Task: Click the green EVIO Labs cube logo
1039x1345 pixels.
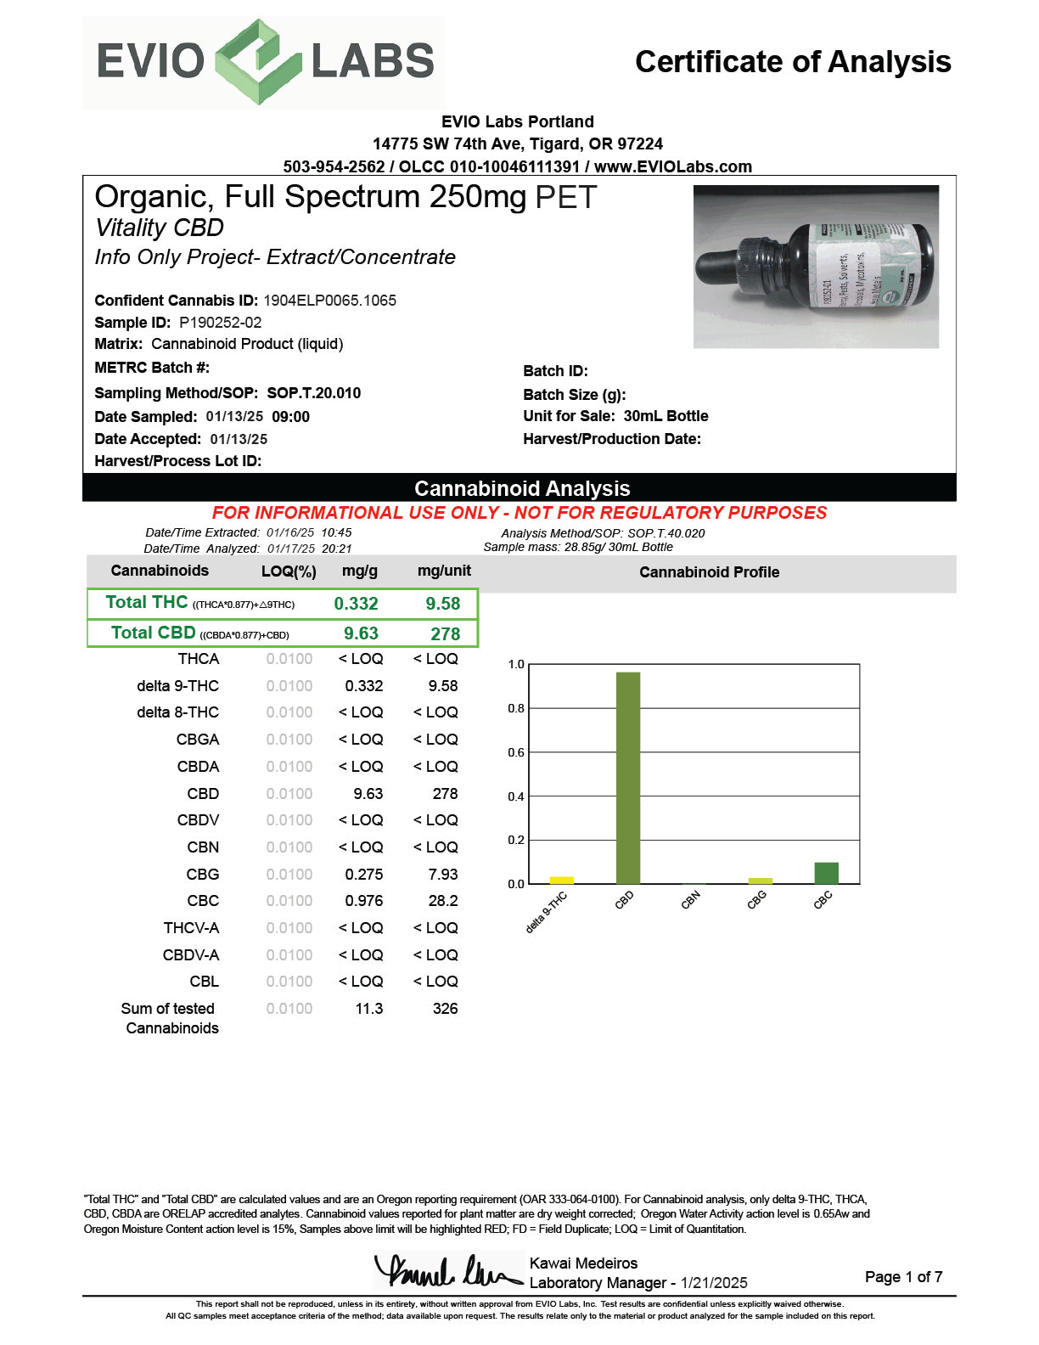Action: point(258,63)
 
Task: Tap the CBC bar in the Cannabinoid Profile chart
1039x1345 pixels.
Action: point(826,873)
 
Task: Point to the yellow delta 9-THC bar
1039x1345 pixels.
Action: point(561,880)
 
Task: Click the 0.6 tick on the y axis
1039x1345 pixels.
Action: point(516,752)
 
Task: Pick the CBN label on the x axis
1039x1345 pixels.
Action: point(691,900)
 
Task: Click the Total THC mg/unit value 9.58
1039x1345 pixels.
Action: point(443,604)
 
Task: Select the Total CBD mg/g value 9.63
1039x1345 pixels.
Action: point(361,633)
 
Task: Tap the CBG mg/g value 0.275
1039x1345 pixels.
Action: point(363,874)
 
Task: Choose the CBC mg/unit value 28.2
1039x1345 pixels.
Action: point(443,901)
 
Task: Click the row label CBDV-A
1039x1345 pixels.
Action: point(191,955)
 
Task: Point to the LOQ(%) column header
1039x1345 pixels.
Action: point(289,571)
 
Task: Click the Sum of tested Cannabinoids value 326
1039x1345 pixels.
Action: point(445,1009)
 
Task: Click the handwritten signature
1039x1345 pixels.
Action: point(447,1272)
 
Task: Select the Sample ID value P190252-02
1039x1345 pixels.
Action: point(221,323)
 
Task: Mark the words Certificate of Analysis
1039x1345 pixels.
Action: point(793,62)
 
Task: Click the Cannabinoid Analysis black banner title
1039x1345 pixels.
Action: point(522,488)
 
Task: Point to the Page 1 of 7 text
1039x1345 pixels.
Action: point(903,1277)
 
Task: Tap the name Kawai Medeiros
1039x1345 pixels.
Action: point(583,1263)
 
